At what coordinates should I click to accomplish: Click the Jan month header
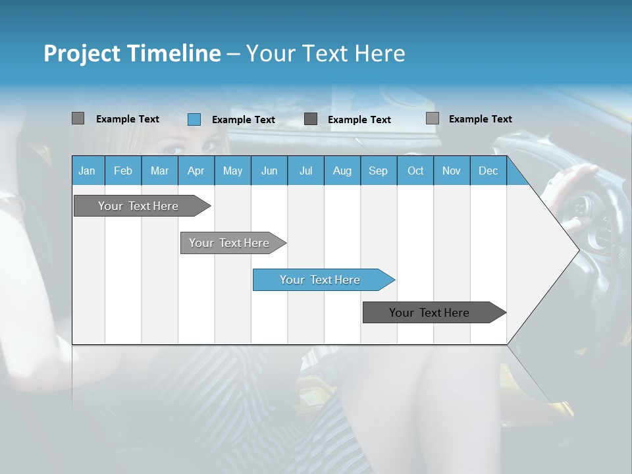(x=88, y=171)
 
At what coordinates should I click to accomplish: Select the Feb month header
(x=123, y=171)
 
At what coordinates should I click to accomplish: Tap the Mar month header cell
(x=159, y=171)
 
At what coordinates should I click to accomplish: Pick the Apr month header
(x=196, y=171)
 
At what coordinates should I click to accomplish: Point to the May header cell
(x=232, y=171)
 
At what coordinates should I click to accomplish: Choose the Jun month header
(x=269, y=171)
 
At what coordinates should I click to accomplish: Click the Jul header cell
(x=305, y=171)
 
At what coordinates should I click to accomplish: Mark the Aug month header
(x=342, y=171)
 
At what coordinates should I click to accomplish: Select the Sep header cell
(x=378, y=171)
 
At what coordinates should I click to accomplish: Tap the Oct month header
(x=415, y=171)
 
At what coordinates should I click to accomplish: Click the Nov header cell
(x=452, y=171)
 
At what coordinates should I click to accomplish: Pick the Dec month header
(x=488, y=171)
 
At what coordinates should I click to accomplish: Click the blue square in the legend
(x=194, y=119)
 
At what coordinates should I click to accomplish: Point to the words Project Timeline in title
(x=132, y=53)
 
